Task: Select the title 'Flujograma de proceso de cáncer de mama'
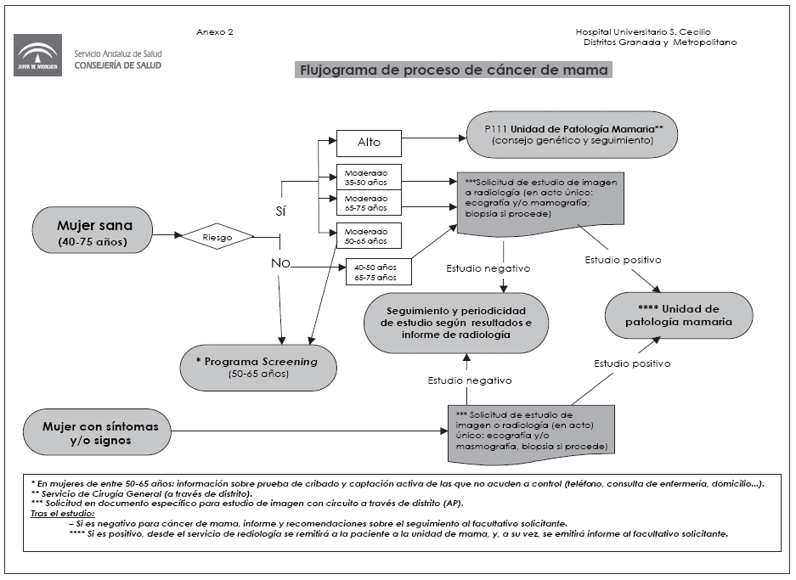pos(452,70)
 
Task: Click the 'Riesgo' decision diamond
pos(217,238)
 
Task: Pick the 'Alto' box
pos(369,142)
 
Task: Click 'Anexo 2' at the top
pos(214,32)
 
